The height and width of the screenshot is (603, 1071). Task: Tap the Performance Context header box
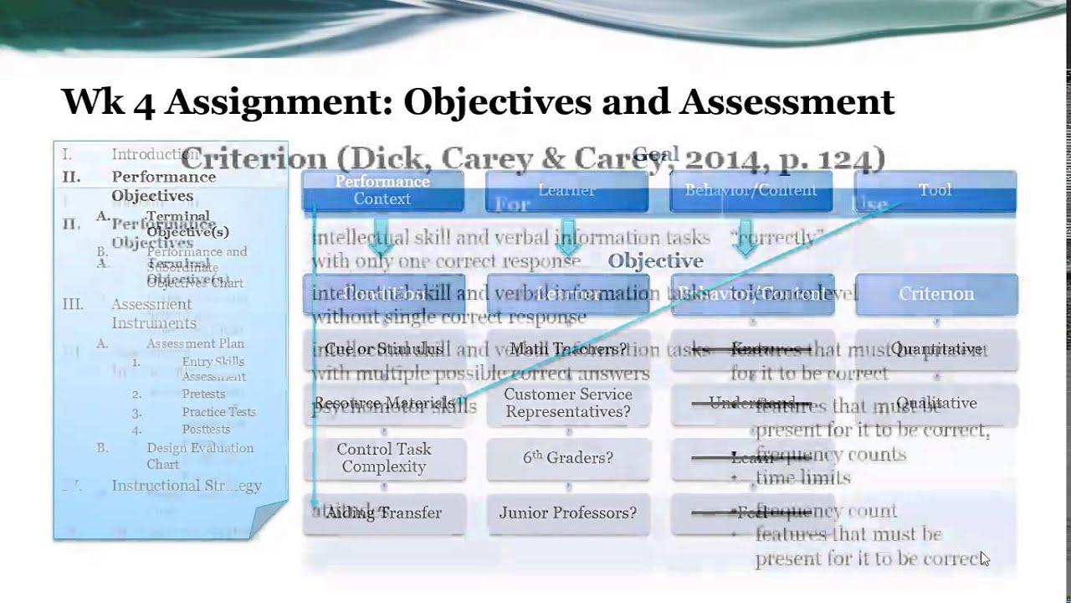point(382,191)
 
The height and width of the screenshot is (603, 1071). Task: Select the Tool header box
point(935,190)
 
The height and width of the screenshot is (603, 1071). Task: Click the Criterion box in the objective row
point(936,294)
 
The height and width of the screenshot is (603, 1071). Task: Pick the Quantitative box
point(936,349)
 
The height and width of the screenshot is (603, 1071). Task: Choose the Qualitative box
point(936,403)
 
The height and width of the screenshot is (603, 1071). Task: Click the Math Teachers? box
point(568,349)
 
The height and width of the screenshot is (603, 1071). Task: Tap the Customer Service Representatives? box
point(568,403)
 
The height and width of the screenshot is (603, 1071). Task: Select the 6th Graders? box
point(568,458)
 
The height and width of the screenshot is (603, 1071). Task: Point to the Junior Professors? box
point(568,513)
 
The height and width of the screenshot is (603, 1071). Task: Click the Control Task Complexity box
point(384,458)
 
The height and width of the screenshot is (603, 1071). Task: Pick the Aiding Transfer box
point(384,513)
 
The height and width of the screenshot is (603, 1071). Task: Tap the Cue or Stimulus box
point(384,349)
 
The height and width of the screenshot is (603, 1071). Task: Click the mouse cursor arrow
point(985,559)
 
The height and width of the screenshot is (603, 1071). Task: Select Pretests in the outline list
point(203,394)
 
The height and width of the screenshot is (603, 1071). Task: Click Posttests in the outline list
point(206,430)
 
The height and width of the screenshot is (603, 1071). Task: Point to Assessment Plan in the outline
point(195,343)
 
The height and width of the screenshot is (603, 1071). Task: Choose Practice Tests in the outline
point(218,412)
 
